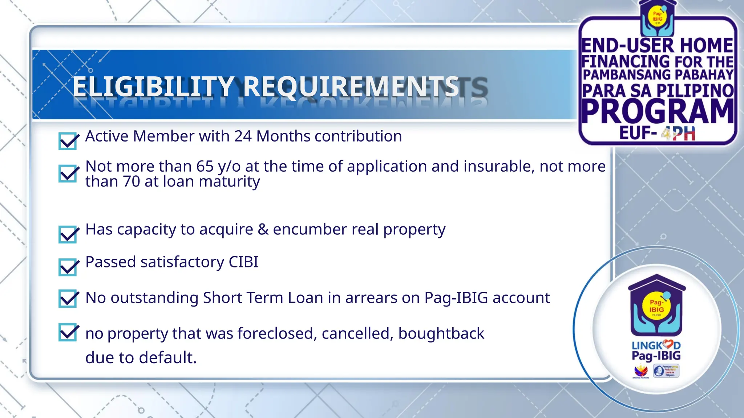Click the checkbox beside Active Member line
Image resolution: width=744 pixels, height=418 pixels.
(68, 141)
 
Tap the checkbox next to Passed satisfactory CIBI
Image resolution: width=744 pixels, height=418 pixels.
(68, 267)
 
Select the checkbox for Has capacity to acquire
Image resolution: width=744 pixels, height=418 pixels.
(68, 234)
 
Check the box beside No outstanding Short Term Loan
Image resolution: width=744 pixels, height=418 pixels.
(68, 299)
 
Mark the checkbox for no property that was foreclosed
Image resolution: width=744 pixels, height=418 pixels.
(68, 332)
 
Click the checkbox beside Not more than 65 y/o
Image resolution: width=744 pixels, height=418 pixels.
(68, 173)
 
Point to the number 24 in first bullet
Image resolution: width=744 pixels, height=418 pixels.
(243, 136)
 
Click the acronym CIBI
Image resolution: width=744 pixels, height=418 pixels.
(243, 262)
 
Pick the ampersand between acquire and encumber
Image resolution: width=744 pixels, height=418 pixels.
(263, 229)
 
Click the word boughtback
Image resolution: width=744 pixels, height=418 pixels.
(441, 333)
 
